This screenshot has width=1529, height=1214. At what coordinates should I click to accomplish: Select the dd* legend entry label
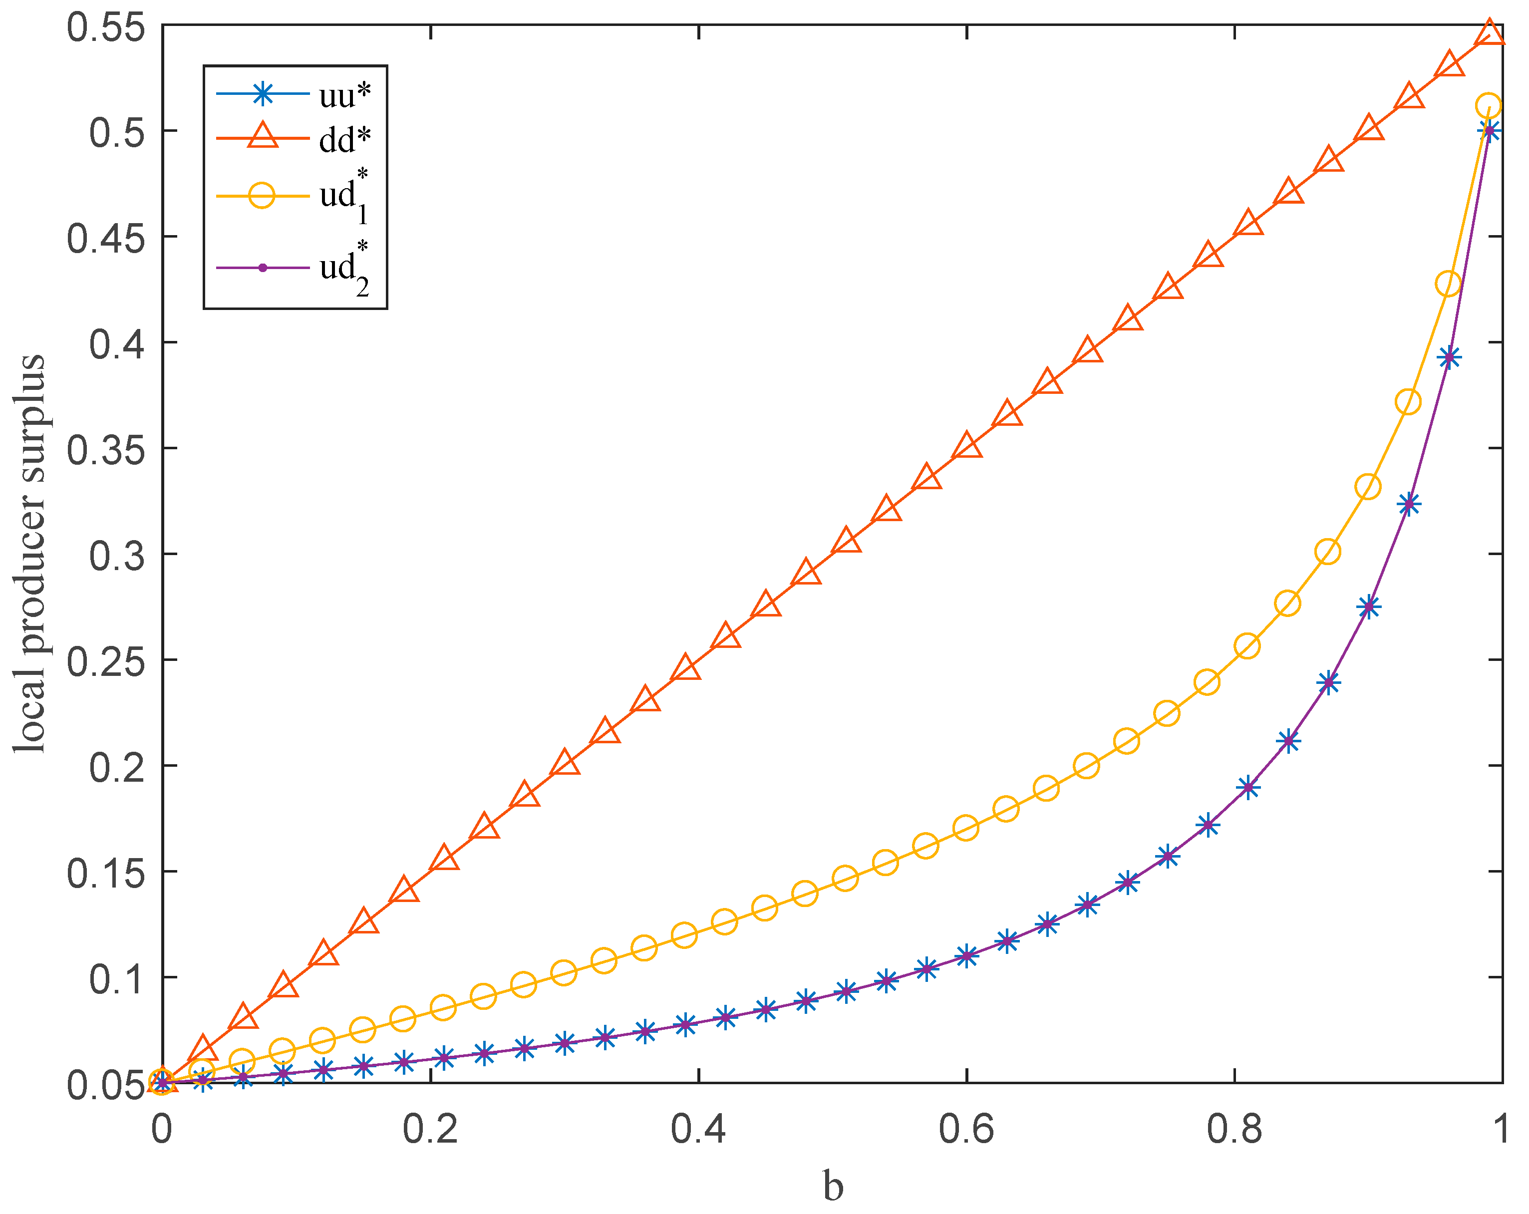pyautogui.click(x=344, y=140)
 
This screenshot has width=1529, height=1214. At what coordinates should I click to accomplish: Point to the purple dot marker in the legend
pyautogui.click(x=263, y=268)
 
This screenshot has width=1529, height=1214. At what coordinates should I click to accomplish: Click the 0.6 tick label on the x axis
pyautogui.click(x=966, y=1130)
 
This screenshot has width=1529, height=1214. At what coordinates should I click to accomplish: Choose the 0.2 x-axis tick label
pyautogui.click(x=430, y=1130)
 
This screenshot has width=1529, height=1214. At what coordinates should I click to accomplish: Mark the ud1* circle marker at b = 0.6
pyautogui.click(x=966, y=828)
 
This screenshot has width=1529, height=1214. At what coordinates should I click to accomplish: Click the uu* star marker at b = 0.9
pyautogui.click(x=1369, y=607)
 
